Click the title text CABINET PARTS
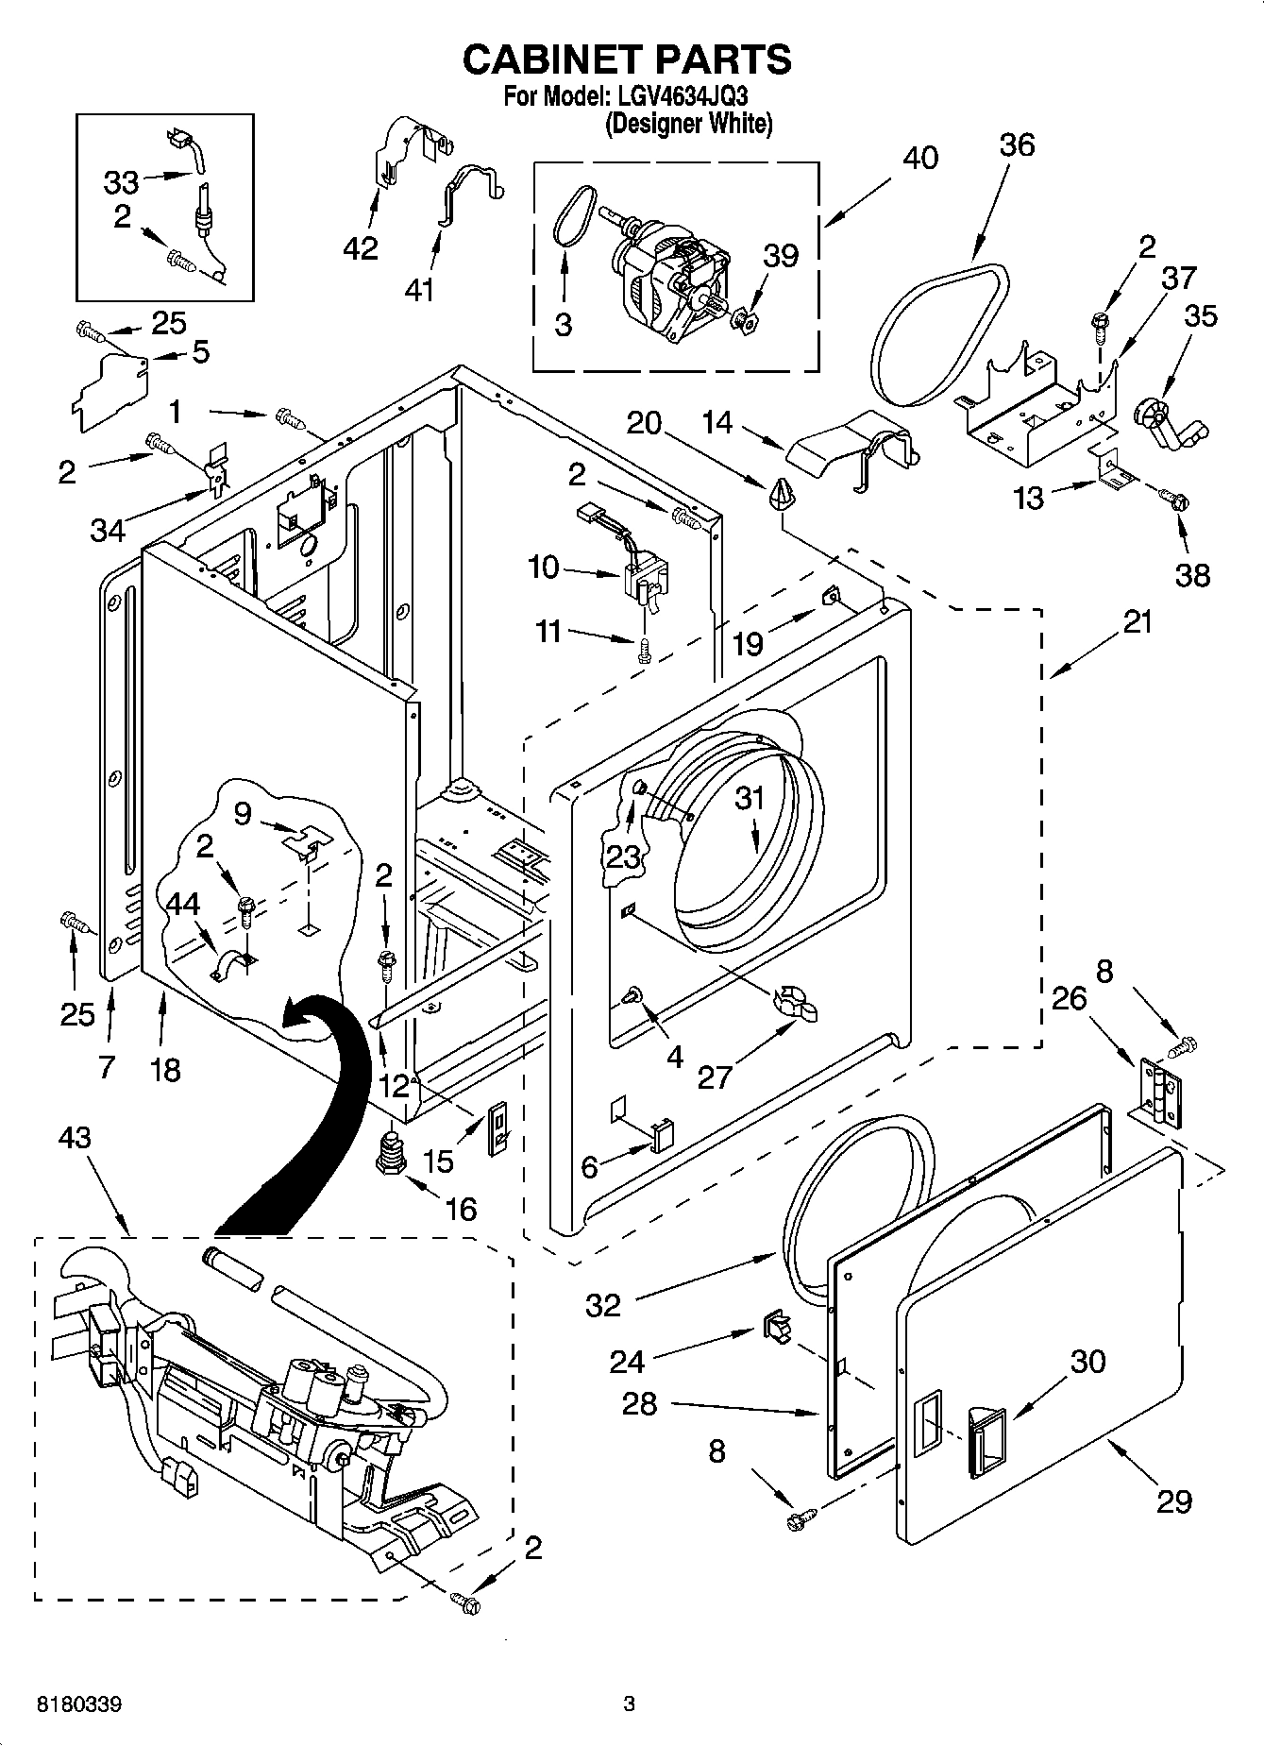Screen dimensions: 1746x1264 tap(627, 59)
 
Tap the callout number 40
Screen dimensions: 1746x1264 tap(919, 158)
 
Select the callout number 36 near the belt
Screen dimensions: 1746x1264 tap(1018, 144)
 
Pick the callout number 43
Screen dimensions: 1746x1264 tap(75, 1138)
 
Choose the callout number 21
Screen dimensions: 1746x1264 tap(1138, 622)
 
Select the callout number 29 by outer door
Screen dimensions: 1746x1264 tap(1173, 1501)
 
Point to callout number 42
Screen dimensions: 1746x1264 tap(360, 248)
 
